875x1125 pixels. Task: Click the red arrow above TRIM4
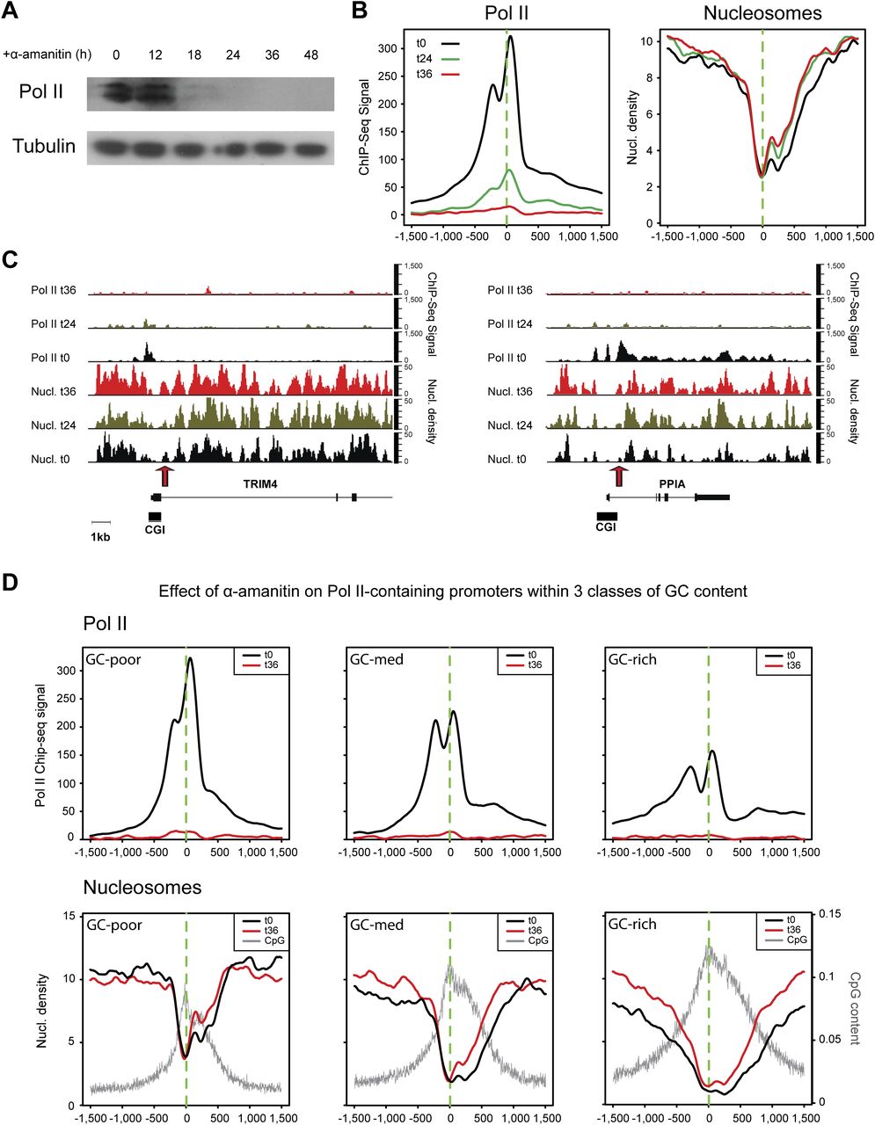(x=164, y=475)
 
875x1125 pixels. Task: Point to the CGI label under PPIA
(x=606, y=527)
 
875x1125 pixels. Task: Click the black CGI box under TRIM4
(x=155, y=515)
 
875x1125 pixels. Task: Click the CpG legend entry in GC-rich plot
(x=793, y=940)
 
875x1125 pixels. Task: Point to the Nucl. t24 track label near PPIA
(x=512, y=425)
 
